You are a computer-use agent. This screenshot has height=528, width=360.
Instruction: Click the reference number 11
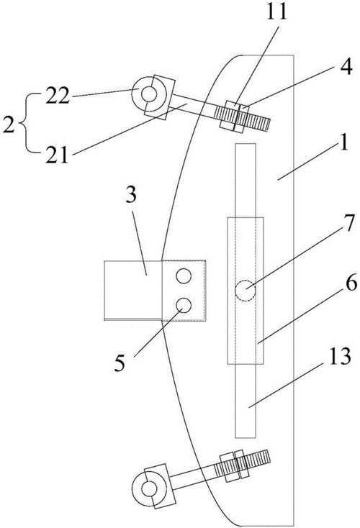(x=276, y=12)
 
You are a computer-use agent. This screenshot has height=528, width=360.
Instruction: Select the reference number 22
(x=57, y=96)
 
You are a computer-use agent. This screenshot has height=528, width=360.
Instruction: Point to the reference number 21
(x=57, y=155)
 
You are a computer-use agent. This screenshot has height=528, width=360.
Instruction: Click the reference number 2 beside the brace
(x=9, y=125)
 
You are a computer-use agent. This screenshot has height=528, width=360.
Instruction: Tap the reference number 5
(x=120, y=363)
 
